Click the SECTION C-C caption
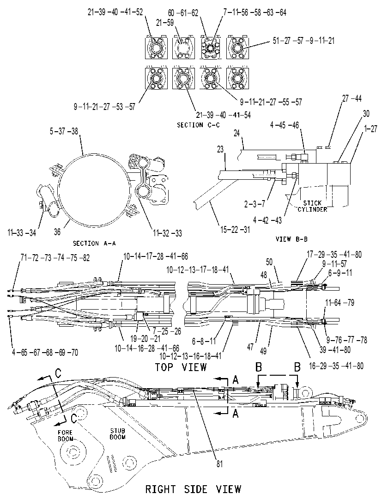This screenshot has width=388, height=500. click(x=198, y=125)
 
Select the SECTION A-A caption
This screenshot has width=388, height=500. click(x=94, y=244)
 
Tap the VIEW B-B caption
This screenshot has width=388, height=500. click(x=291, y=239)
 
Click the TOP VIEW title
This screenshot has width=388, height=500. click(x=181, y=367)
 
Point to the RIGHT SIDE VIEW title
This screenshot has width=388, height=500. click(x=193, y=489)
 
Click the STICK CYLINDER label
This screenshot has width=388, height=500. click(x=312, y=206)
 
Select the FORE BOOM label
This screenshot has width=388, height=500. click(x=65, y=436)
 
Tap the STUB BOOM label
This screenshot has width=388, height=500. click(x=118, y=434)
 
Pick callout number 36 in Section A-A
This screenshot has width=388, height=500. click(x=57, y=232)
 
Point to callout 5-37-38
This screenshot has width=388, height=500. click(x=64, y=131)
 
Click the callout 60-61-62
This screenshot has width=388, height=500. click(x=183, y=13)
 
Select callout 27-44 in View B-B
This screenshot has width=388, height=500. click(x=352, y=98)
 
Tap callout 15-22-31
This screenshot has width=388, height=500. click(x=236, y=230)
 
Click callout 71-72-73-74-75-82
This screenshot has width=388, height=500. click(x=55, y=258)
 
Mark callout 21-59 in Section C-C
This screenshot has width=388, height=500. click(x=165, y=23)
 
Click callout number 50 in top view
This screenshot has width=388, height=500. click(x=269, y=262)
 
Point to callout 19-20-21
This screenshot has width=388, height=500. click(x=145, y=339)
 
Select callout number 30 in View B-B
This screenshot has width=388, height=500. click(x=366, y=114)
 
